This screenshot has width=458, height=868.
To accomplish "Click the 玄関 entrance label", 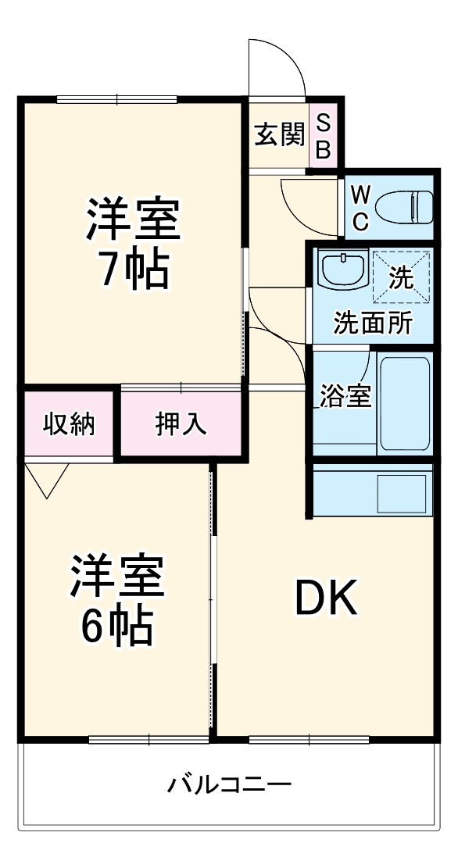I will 278,136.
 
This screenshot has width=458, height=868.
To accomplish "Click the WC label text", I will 360,207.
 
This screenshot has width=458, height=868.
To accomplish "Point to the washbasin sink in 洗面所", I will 343,270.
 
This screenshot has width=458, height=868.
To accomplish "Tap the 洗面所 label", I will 372,323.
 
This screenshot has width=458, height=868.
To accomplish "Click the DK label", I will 325,599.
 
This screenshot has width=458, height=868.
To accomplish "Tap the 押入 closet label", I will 181,423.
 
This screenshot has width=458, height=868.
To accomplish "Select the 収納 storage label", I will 69,423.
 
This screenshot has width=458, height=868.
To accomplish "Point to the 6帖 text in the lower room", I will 117,624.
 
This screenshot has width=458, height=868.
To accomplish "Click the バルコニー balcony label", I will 229,784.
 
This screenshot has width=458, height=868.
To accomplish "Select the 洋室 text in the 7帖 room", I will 133,221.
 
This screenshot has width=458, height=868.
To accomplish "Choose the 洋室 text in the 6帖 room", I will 117,576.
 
